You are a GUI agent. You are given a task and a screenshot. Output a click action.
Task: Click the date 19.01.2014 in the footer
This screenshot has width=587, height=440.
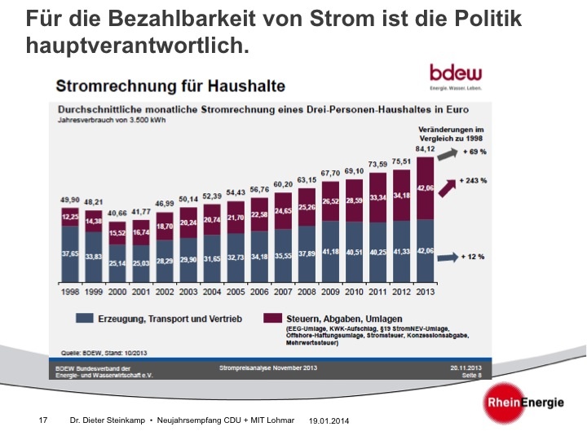329,421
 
